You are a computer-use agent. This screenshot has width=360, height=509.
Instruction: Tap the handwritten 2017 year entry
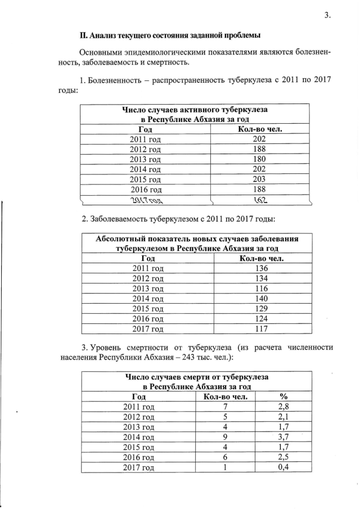coord(146,200)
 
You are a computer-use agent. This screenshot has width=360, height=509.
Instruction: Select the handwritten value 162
coord(259,200)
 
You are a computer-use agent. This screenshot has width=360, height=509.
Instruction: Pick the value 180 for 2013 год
coord(259,159)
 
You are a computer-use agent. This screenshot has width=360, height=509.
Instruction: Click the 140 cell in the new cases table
coord(261,299)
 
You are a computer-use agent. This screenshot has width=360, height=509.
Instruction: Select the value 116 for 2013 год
coord(261,289)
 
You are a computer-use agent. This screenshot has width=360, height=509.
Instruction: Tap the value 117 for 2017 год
coord(261,329)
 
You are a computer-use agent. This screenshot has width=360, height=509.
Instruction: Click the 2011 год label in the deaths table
coord(139,406)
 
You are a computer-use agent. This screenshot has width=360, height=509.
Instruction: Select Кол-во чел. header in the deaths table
coord(224,396)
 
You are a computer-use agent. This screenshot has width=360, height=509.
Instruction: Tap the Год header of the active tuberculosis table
coord(146,129)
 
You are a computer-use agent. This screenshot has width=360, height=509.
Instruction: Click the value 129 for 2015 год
coord(261,309)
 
